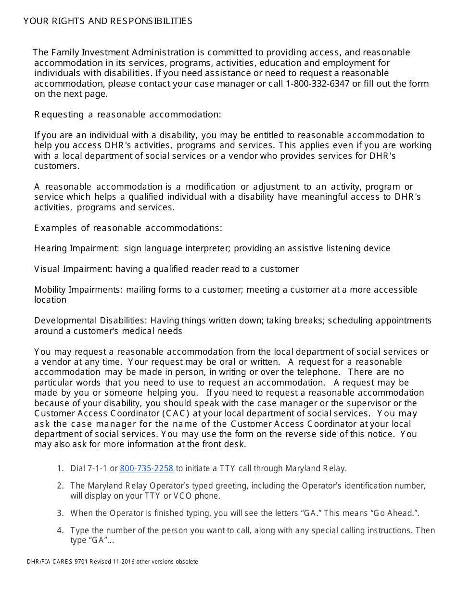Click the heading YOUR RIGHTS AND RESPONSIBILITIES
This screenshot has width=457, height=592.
pos(108,21)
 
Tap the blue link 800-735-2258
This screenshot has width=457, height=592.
pos(146,468)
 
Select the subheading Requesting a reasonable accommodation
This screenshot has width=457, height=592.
pos(127,115)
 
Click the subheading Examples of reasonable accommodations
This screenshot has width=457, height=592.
pos(128,228)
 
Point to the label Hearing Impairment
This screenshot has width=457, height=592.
pos(76,248)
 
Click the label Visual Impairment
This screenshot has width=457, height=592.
pos(73,269)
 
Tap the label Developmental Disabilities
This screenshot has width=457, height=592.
pos(90,321)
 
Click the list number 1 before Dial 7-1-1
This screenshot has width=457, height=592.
pos(60,468)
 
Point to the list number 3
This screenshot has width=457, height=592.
pos(60,513)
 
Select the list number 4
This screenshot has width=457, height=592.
pos(60,530)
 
